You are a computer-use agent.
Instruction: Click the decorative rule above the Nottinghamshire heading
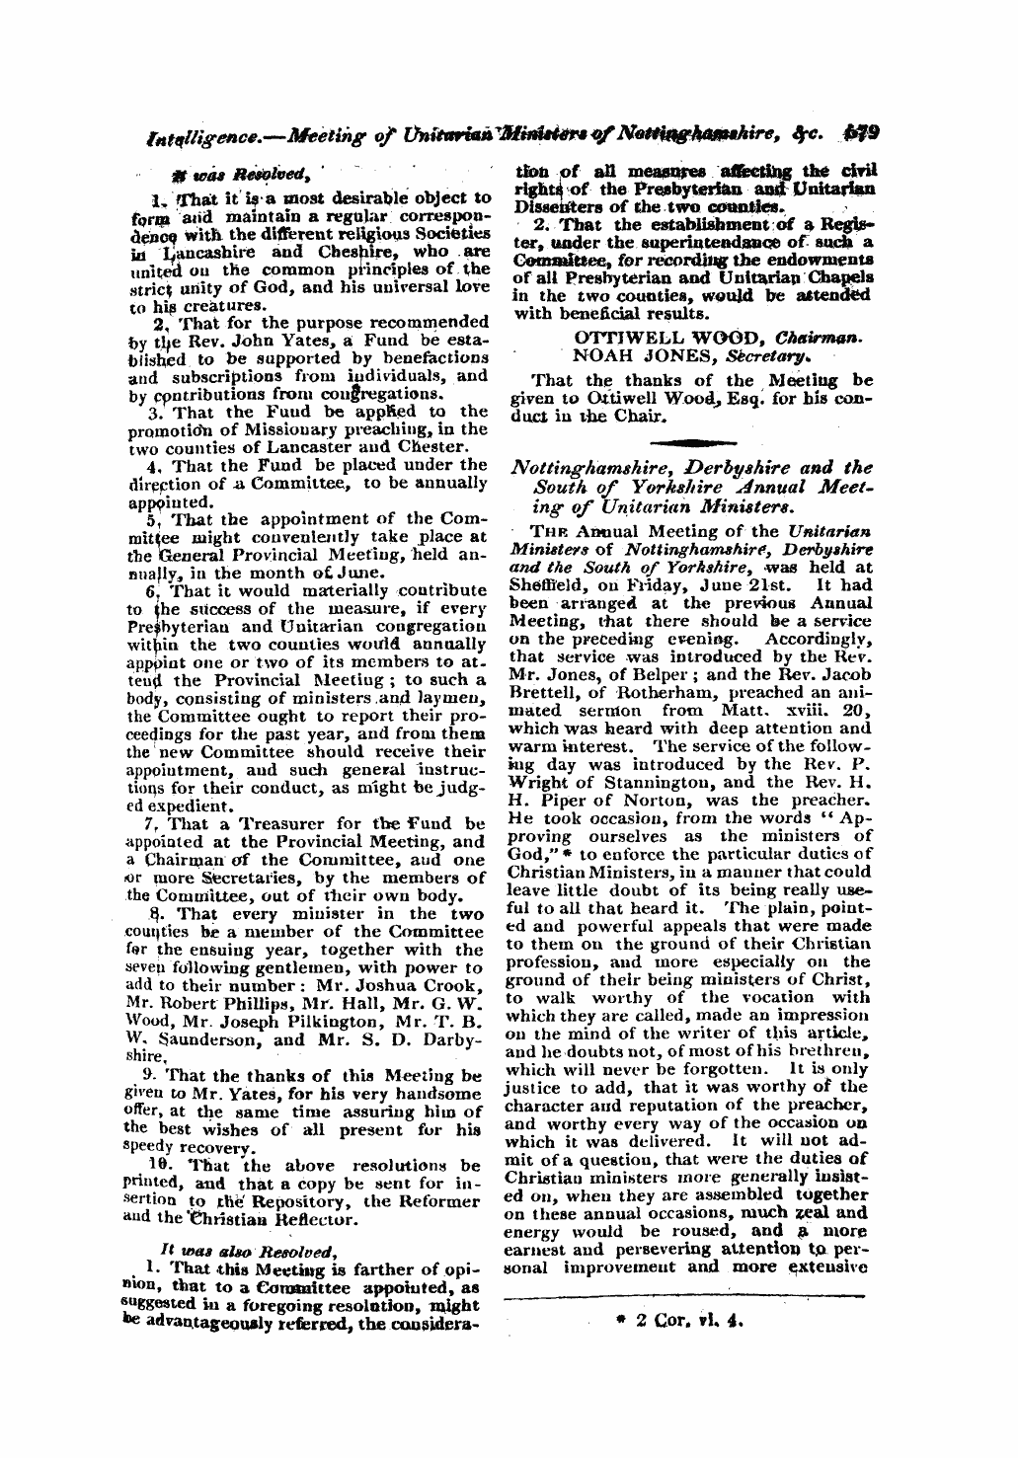(688, 441)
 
